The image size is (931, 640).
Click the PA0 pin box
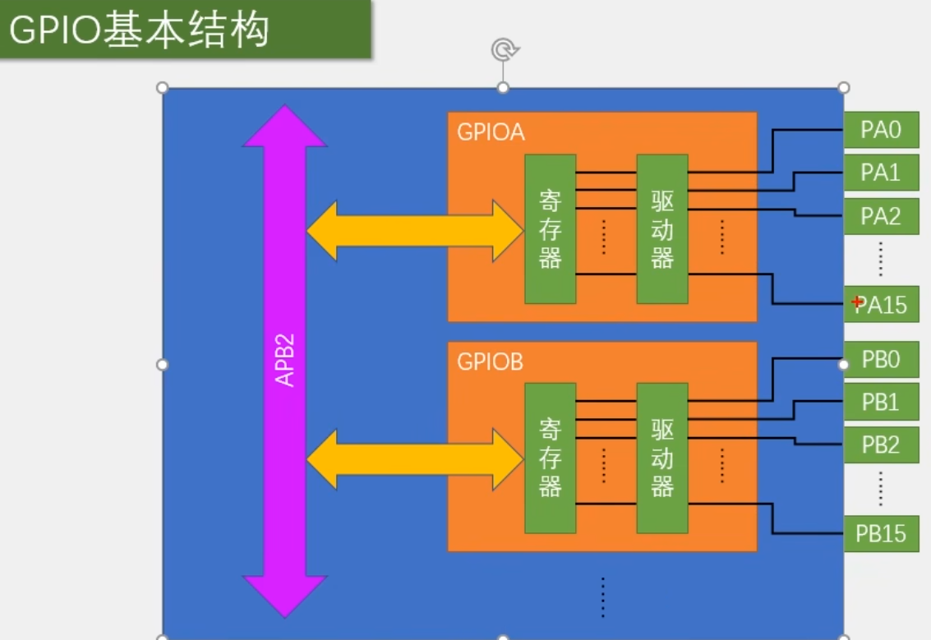point(881,130)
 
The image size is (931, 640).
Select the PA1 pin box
point(881,173)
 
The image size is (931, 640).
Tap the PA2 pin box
point(881,216)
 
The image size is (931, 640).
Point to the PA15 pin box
point(881,305)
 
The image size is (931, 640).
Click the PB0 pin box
point(881,359)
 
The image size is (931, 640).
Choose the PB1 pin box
point(881,402)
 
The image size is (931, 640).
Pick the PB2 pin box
point(881,444)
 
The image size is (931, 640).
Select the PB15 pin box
point(881,533)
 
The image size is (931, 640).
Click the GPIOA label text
point(491,132)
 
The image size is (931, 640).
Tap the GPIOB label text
point(491,361)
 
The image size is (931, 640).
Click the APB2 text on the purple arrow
point(284,361)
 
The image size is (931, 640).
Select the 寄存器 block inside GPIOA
point(551,228)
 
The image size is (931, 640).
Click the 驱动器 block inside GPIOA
point(662,228)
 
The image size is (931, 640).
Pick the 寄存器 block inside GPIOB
point(551,458)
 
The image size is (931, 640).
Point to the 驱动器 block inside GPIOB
point(662,458)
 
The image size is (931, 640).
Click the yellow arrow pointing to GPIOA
point(415,231)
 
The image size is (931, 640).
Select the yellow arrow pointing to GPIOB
point(415,459)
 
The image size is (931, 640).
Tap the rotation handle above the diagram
point(503,50)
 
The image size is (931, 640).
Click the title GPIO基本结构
point(140,30)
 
